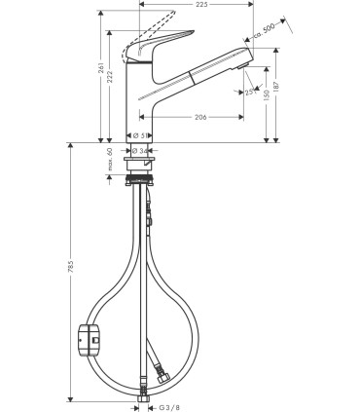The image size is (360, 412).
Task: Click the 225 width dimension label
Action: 201,4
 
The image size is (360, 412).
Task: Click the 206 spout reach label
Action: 198,117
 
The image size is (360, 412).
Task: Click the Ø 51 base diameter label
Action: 140,135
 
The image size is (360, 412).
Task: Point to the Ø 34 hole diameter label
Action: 140,151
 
